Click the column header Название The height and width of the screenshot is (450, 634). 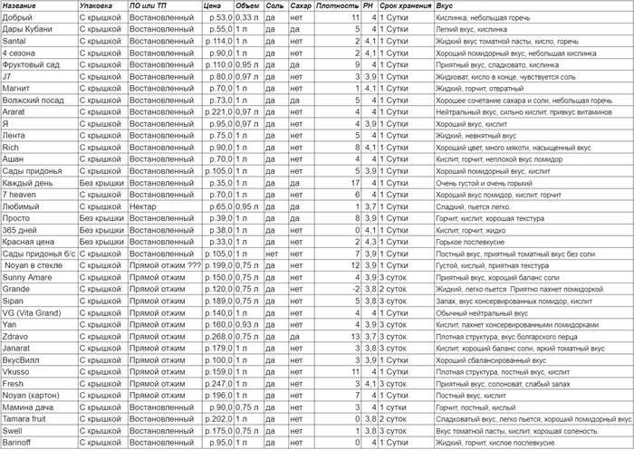point(21,6)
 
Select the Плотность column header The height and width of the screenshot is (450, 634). point(337,6)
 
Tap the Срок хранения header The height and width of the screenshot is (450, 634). point(405,6)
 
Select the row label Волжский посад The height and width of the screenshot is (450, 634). point(34,100)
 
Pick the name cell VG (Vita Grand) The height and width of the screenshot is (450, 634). point(33,311)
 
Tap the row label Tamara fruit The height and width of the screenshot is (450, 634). point(27,419)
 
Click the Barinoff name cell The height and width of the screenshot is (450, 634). point(19,443)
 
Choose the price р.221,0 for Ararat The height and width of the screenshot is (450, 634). point(216,111)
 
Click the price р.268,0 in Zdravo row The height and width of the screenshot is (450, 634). point(216,335)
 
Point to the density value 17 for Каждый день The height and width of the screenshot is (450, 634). point(358,182)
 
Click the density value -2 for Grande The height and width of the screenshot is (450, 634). point(358,288)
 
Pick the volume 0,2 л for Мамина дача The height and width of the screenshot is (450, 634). point(251,407)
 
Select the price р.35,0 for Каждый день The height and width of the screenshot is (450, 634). point(217,182)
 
